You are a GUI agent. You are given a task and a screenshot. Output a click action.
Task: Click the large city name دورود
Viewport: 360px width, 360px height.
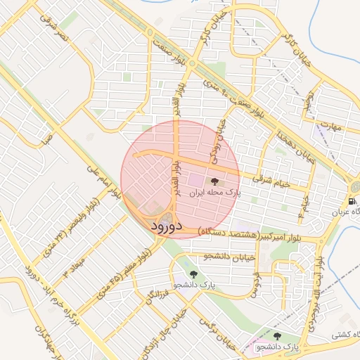tap(167, 226)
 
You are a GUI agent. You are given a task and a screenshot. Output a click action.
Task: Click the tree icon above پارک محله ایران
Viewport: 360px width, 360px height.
tap(214, 182)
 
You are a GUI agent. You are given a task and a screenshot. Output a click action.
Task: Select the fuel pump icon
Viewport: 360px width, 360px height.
tap(352, 202)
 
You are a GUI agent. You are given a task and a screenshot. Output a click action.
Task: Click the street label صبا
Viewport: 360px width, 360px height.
tap(47, 141)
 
